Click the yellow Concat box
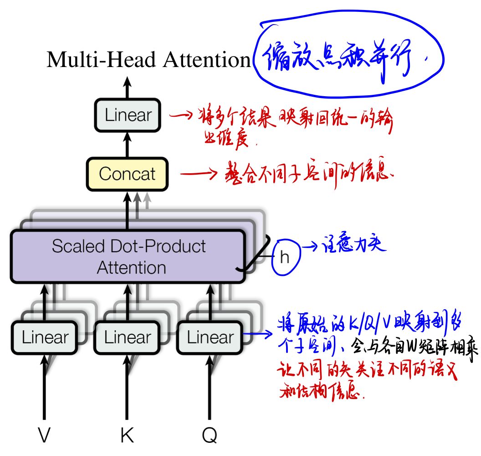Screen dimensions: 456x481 point(127,174)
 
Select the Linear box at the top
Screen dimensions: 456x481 point(128,115)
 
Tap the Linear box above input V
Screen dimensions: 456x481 point(45,337)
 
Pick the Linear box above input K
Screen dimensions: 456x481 point(127,337)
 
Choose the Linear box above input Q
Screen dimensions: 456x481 point(210,337)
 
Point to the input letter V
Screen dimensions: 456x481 point(44,436)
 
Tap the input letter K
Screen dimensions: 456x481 point(127,436)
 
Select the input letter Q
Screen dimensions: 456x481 point(210,436)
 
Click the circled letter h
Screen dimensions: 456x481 point(285,258)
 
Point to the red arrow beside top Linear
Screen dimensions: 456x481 point(181,115)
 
